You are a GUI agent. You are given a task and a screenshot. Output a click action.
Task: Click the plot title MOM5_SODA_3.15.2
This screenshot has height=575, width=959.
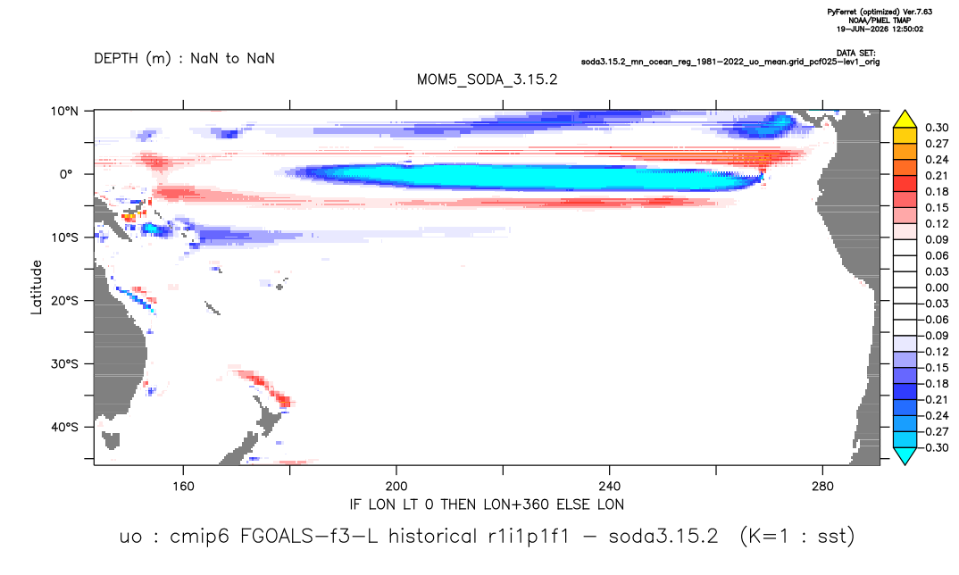tap(487, 79)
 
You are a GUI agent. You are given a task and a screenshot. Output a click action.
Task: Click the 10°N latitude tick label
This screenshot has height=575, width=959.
tap(64, 112)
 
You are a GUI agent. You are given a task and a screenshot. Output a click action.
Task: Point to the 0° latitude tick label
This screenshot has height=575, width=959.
tap(66, 174)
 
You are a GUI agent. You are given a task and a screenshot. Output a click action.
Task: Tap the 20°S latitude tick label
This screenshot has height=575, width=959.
tap(64, 300)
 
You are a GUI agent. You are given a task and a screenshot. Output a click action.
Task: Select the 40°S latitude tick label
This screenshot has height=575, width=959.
tap(64, 427)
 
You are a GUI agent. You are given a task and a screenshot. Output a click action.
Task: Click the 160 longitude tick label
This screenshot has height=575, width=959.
tap(183, 487)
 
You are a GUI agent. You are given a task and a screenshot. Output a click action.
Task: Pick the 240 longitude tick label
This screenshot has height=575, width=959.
tap(609, 487)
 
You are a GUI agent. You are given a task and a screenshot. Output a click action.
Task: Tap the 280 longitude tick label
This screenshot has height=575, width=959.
tap(822, 487)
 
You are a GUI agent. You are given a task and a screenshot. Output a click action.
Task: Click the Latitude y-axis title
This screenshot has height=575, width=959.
tap(37, 287)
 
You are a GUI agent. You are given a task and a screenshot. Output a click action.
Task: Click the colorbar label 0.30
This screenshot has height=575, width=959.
tap(937, 128)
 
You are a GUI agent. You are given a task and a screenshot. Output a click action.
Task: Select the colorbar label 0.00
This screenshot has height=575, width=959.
tap(937, 287)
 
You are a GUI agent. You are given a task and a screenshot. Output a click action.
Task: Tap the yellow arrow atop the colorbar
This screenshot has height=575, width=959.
tap(905, 120)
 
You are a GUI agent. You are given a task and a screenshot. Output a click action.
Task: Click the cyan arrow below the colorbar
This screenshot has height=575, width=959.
tap(905, 455)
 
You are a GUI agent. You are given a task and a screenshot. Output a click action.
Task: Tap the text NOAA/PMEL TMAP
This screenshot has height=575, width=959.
tap(880, 21)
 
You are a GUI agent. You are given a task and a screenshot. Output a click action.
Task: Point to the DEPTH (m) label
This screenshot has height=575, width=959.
tap(133, 59)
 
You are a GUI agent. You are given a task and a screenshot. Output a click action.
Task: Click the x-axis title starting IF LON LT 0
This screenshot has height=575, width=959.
tap(487, 504)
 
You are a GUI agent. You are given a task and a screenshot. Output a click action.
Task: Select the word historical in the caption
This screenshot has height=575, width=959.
tap(432, 537)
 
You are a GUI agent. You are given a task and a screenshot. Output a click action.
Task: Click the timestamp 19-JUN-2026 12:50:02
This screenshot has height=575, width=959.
tap(880, 29)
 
